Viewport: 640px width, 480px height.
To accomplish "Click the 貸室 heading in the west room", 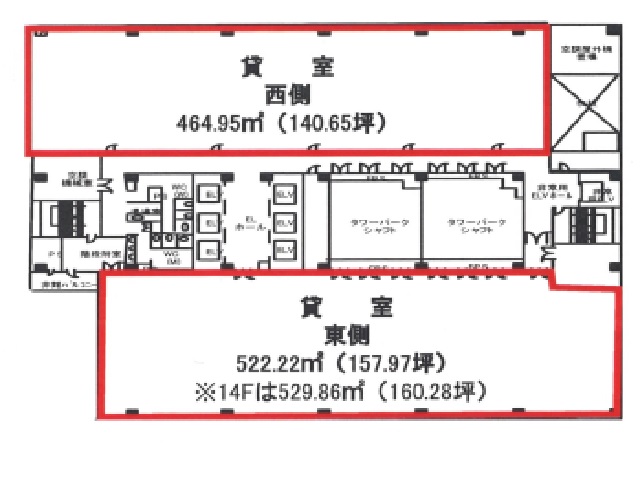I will pyautogui.click(x=287, y=68).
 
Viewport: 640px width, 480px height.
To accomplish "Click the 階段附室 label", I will pyautogui.click(x=105, y=255).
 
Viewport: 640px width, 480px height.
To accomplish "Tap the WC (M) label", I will pyautogui.click(x=170, y=257).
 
